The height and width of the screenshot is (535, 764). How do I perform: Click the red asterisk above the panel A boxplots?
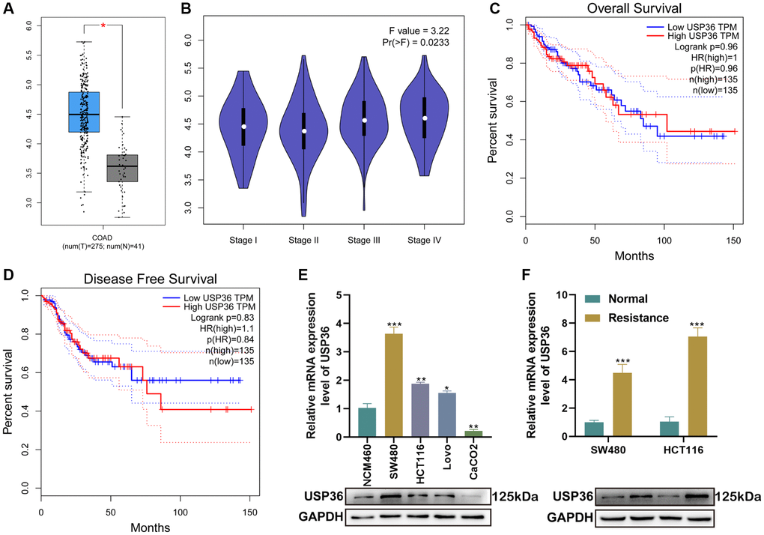[103, 25]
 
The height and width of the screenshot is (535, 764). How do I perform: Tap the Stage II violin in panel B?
[303, 127]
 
